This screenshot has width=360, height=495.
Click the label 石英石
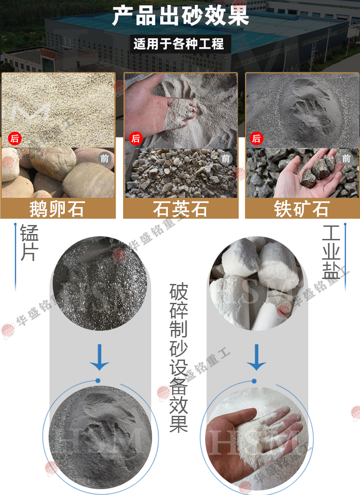(x=180, y=209)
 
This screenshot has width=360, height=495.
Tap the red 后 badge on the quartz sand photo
(x=135, y=138)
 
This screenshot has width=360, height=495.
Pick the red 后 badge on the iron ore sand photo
(x=256, y=138)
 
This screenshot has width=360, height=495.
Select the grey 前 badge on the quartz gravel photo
(x=226, y=158)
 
